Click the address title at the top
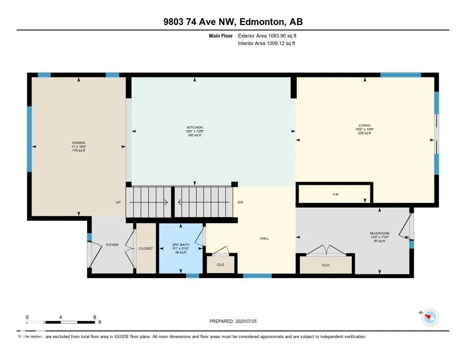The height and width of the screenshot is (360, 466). (x=233, y=22)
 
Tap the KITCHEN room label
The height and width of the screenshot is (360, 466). (x=194, y=127)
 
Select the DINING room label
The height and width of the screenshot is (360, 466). (x=78, y=143)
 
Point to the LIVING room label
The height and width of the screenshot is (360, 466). (x=364, y=126)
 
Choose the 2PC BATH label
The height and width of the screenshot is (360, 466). (x=180, y=245)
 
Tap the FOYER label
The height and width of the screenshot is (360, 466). (x=112, y=245)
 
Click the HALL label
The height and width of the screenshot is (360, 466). (x=264, y=238)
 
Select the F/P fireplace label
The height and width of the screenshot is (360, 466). (x=336, y=195)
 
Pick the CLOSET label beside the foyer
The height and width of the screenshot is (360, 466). (x=146, y=248)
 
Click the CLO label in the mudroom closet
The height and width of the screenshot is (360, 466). (x=325, y=265)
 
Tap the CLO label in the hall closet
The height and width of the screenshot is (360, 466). (x=221, y=264)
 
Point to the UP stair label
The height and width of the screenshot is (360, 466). (x=118, y=202)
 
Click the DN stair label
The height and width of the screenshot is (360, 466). (x=240, y=202)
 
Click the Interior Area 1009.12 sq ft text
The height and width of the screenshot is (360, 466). (x=266, y=44)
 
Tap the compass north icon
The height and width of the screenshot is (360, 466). (x=430, y=317)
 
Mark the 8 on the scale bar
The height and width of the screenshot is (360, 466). (x=94, y=317)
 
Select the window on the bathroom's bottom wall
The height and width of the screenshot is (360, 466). (x=192, y=275)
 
